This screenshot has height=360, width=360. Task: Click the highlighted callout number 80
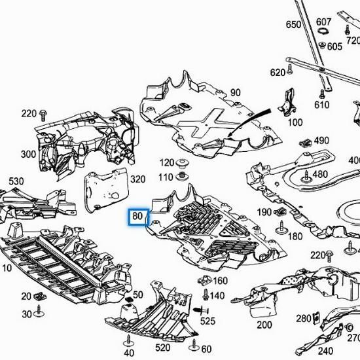pos(137,216)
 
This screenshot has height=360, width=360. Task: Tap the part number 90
pos(235,93)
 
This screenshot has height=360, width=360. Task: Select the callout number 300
pos(28,154)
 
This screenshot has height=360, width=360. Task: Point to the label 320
pos(137,179)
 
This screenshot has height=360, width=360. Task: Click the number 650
pos(294,25)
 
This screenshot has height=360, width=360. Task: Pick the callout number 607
pos(324,22)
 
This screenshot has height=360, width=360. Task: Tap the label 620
pos(278,72)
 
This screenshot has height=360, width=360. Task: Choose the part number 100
pos(295,122)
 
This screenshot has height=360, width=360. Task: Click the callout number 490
pos(321,141)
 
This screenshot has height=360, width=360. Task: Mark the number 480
pos(320,174)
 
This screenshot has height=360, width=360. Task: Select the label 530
pos(16,181)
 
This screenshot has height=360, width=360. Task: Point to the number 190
pos(264,212)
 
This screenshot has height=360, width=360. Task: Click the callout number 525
pos(207,321)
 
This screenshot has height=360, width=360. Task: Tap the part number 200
pos(264,325)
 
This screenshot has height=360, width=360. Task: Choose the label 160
pos(220,281)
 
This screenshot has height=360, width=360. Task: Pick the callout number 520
pos(162,347)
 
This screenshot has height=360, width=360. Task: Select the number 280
pos(303,318)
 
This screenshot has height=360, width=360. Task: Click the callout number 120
pos(166,162)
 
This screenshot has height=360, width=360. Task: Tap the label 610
pos(321,105)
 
